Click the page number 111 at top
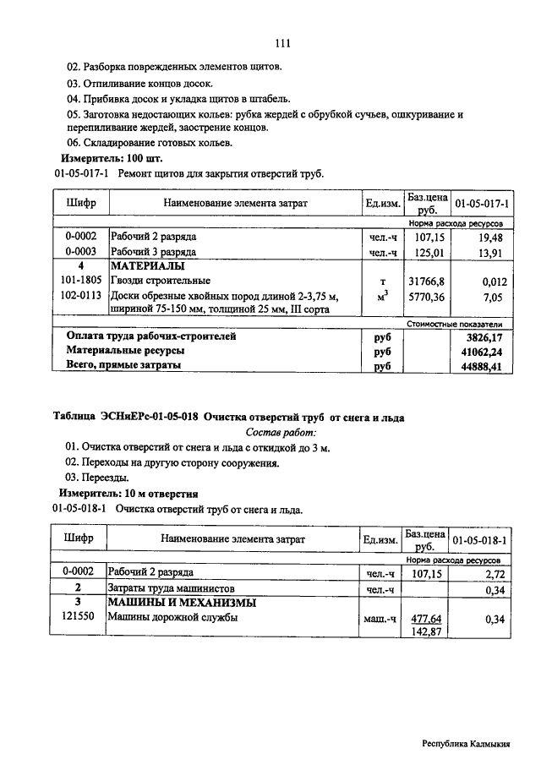[282, 44]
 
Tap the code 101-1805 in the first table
[80, 280]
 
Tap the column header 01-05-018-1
[479, 538]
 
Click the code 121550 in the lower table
[80, 618]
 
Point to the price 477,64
[426, 619]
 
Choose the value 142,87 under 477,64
[426, 632]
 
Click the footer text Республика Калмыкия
[467, 745]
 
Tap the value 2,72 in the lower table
[494, 573]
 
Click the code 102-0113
[80, 295]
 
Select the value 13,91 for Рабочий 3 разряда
[491, 252]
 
